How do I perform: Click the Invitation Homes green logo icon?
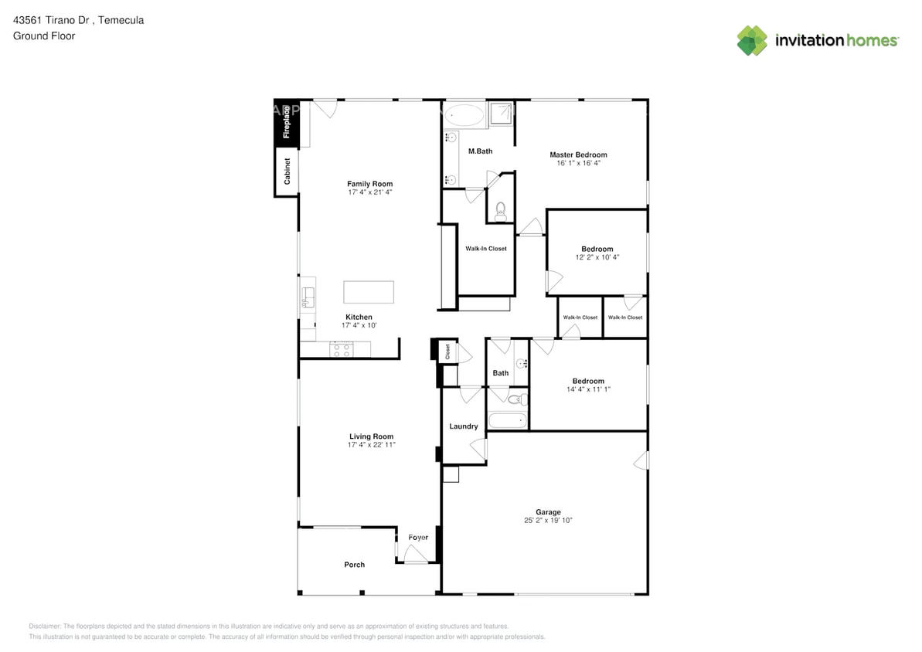tap(752, 41)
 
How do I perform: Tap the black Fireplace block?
tap(287, 122)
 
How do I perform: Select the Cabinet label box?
tap(287, 171)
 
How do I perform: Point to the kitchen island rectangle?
tap(369, 292)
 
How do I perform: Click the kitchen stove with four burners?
tap(342, 350)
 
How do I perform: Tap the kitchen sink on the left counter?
tap(308, 296)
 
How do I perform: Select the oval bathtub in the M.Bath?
tap(465, 116)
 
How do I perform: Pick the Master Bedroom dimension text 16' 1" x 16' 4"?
tap(578, 163)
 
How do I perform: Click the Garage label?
tap(548, 511)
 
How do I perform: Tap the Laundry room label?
tap(464, 426)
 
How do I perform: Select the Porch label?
tap(354, 565)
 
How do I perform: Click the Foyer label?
tap(418, 538)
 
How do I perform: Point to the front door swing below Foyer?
tap(415, 554)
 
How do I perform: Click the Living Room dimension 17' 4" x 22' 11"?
tap(371, 445)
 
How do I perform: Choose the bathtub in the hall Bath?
tap(509, 421)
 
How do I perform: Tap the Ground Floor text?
tap(44, 36)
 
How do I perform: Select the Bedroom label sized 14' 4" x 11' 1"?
tap(588, 381)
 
